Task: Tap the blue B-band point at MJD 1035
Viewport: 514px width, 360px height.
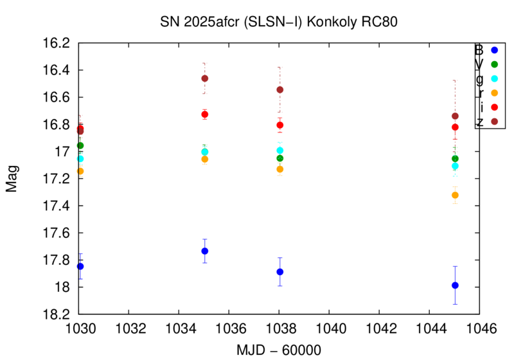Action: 204,251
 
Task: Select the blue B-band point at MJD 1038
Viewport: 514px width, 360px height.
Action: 279,271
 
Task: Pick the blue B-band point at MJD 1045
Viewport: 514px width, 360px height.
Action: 455,285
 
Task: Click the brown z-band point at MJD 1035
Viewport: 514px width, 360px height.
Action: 204,78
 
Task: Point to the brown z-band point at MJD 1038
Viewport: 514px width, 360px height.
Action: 279,90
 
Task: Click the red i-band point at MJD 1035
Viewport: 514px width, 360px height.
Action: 204,114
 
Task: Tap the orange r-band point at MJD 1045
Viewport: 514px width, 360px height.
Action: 455,195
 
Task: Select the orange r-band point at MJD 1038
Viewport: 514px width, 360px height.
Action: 279,169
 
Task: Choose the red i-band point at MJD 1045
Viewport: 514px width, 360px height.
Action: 455,127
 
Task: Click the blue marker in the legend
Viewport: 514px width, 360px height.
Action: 494,50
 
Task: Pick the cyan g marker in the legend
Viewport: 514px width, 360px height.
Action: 494,78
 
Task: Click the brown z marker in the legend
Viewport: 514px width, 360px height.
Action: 494,121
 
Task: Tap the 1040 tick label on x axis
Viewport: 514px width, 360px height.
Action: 329,328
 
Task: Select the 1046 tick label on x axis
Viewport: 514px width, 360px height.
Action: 479,328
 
